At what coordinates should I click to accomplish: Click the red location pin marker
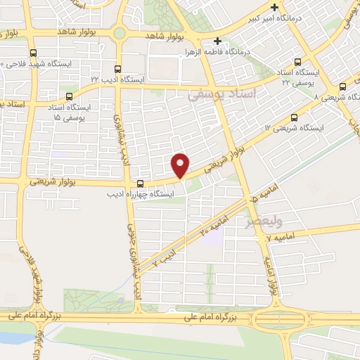181,164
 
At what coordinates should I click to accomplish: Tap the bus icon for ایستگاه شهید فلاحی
32,53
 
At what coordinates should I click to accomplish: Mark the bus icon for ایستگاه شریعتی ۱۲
294,117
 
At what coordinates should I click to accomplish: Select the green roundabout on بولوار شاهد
120,32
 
